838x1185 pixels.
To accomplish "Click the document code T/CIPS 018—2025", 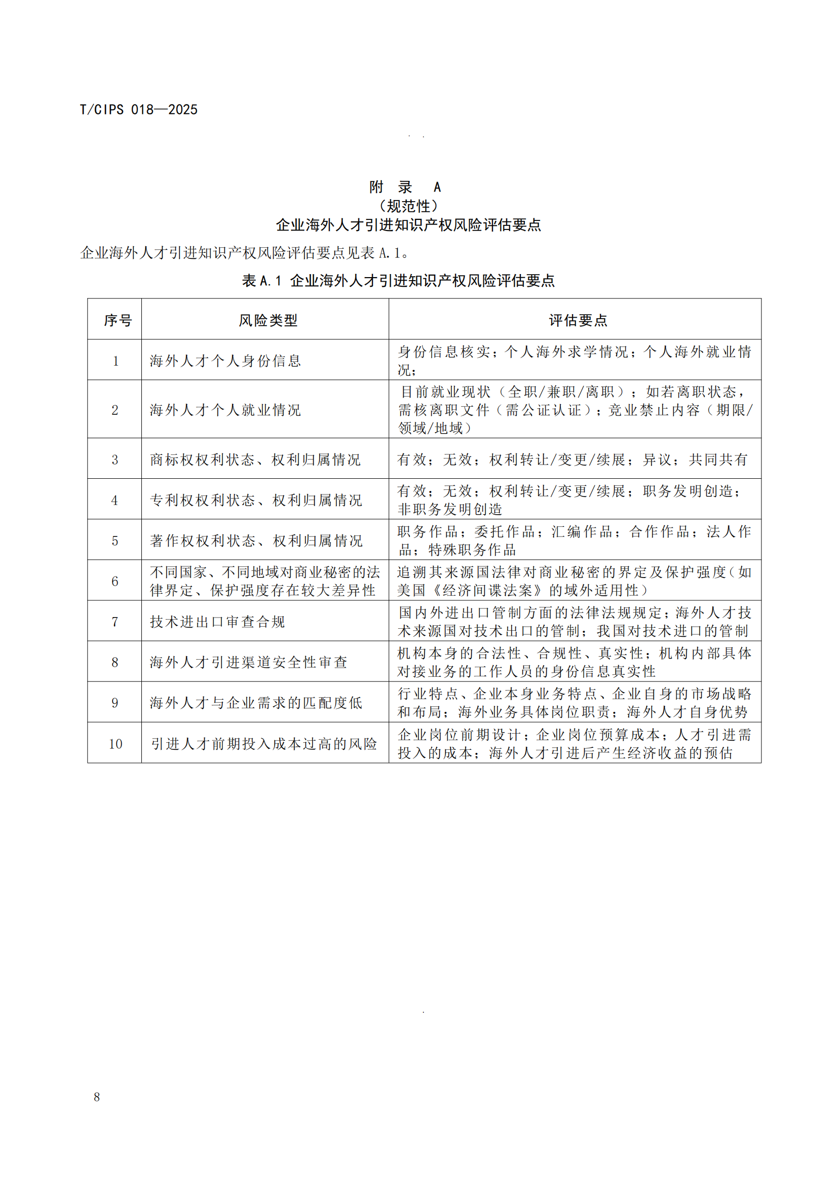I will click(138, 109).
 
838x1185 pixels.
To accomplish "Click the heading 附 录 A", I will click(405, 187).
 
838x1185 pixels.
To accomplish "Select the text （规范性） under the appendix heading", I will click(408, 206).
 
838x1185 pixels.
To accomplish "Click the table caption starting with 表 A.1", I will click(398, 281).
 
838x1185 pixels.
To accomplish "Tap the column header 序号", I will click(118, 321).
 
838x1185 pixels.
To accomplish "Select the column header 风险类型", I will click(268, 321).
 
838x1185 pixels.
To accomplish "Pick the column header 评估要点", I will click(578, 321).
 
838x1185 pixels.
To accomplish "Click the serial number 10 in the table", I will click(115, 744).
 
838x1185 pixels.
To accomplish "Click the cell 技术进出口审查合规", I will click(217, 622).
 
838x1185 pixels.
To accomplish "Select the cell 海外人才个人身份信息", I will click(225, 361).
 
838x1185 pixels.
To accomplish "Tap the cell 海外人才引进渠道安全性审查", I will click(249, 662).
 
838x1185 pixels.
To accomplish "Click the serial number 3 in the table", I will click(115, 460).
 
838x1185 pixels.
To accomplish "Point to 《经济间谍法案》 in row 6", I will click(486, 590).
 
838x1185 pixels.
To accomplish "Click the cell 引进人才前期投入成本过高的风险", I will click(263, 744).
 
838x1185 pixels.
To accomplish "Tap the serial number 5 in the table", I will click(115, 541).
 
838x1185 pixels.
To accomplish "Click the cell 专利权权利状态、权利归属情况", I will click(256, 500).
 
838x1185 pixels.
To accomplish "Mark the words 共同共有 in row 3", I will click(718, 460).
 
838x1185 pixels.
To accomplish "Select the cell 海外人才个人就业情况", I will click(225, 410).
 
